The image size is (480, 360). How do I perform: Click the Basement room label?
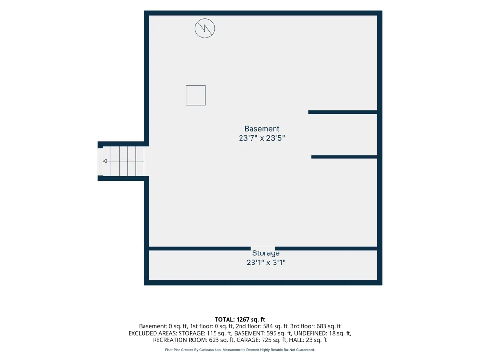262,129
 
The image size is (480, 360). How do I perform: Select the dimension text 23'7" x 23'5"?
262,138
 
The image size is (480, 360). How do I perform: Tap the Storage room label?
266,253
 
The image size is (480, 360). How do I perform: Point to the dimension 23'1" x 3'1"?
266,263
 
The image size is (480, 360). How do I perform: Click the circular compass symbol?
205,28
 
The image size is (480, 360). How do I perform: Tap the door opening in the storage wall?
263,248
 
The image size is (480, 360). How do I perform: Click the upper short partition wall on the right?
343,112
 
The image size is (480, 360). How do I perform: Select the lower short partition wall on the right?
344,157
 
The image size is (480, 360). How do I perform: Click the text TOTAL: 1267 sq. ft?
240,320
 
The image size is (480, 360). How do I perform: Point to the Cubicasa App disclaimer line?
240,350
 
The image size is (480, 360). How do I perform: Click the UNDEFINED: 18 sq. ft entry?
322,333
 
